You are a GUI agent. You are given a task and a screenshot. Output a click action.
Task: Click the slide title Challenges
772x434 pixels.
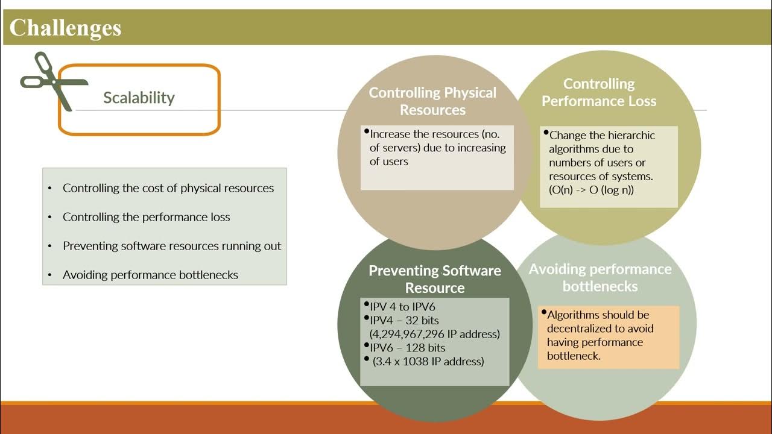65,28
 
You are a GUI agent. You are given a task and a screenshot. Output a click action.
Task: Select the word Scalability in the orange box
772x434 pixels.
139,98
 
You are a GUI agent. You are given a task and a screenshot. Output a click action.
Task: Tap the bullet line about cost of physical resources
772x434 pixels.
168,188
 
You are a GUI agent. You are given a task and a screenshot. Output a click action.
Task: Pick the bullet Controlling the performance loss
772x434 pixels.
146,217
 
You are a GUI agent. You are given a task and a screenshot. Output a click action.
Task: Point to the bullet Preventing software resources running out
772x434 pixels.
172,246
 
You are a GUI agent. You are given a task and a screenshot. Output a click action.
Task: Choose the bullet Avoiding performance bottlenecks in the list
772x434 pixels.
150,275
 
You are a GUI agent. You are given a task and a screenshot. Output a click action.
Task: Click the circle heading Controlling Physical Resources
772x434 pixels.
432,101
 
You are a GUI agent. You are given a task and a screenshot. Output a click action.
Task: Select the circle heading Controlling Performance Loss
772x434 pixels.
598,92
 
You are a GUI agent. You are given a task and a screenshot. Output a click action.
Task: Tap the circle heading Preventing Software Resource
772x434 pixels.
434,279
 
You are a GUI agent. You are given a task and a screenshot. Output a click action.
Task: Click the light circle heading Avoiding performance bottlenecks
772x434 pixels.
600,277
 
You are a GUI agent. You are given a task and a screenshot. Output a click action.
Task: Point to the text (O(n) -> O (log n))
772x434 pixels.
591,190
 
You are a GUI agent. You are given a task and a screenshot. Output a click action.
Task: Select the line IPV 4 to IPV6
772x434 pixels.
402,307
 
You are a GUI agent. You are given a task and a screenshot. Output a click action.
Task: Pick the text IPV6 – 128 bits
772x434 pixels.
408,348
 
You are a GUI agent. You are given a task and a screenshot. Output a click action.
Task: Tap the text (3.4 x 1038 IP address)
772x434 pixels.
428,362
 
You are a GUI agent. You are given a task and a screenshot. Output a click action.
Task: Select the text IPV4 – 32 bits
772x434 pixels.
405,320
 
